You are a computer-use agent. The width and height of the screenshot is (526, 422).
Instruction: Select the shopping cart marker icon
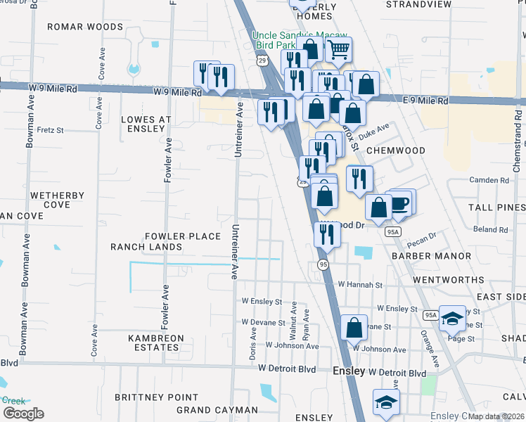pyautogui.click(x=339, y=49)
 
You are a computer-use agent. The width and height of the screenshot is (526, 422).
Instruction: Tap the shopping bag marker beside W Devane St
pyautogui.click(x=354, y=327)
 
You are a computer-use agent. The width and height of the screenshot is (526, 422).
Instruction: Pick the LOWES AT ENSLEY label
pyautogui.click(x=146, y=124)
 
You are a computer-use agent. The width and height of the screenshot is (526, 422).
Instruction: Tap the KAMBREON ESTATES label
pyautogui.click(x=156, y=343)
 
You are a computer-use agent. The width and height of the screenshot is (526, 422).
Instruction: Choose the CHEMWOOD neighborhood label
pyautogui.click(x=416, y=151)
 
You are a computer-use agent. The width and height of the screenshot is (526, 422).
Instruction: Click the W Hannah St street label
pyautogui.click(x=359, y=286)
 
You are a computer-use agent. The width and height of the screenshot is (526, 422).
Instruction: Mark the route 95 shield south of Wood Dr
pyautogui.click(x=323, y=264)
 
